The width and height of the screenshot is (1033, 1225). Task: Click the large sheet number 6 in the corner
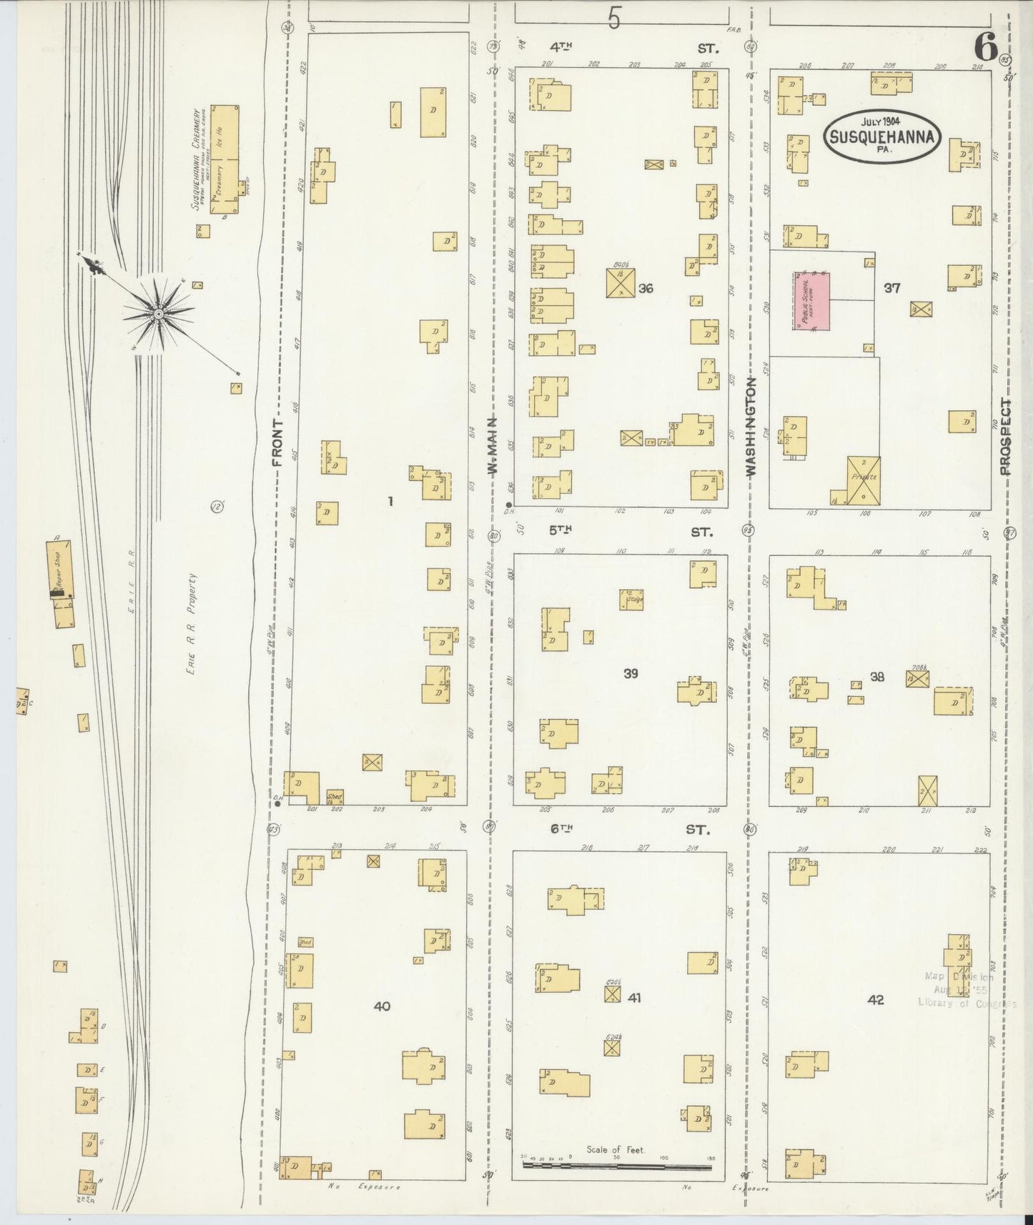pyautogui.click(x=986, y=48)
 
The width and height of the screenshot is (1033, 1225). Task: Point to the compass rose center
pyautogui.click(x=158, y=312)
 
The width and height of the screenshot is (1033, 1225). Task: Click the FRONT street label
pyautogui.click(x=277, y=443)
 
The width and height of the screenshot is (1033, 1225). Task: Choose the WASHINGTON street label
pyautogui.click(x=751, y=427)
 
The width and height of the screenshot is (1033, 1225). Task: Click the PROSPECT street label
pyautogui.click(x=1006, y=437)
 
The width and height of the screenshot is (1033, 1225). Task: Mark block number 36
pyautogui.click(x=646, y=289)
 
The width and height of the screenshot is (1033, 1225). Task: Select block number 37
pyautogui.click(x=891, y=288)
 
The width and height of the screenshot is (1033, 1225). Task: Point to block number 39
pyautogui.click(x=631, y=673)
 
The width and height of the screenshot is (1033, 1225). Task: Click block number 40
pyautogui.click(x=382, y=1006)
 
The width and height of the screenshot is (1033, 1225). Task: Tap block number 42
pyautogui.click(x=876, y=1000)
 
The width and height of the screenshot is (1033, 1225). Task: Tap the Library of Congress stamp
pyautogui.click(x=964, y=990)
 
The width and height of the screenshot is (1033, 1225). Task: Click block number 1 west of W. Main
pyautogui.click(x=390, y=502)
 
